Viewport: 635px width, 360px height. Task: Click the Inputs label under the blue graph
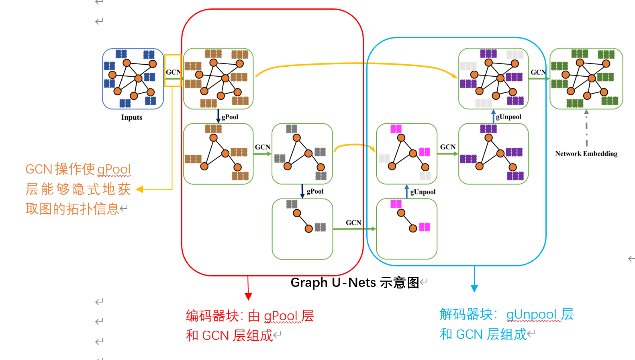(132, 117)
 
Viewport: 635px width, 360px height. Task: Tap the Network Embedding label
(586, 153)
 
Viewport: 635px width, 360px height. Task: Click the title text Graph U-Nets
(333, 282)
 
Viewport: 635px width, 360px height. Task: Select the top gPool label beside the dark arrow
(230, 117)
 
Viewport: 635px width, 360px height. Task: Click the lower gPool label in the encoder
(315, 191)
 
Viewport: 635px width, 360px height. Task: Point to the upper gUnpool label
(508, 117)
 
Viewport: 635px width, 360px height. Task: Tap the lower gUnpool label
(423, 192)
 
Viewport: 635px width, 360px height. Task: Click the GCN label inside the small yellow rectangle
(173, 72)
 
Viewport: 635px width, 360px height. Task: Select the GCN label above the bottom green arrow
(353, 223)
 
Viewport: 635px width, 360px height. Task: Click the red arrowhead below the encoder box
(248, 297)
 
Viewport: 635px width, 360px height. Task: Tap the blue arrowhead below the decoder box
(474, 288)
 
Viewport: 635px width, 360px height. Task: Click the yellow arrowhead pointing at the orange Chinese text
(140, 189)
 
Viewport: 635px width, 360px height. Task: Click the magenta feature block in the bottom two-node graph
(425, 227)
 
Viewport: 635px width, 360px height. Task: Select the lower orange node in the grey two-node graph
(308, 229)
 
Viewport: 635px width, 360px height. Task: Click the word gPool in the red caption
(281, 316)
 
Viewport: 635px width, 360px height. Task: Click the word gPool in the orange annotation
(114, 170)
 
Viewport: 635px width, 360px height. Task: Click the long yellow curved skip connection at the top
(353, 63)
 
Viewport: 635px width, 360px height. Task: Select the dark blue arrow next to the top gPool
(218, 116)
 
